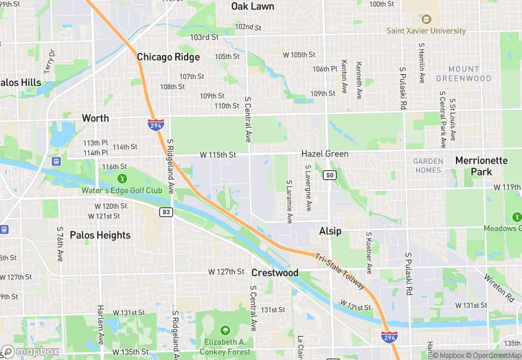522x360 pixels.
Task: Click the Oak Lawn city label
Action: [252, 6]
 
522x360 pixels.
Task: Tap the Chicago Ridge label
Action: [168, 57]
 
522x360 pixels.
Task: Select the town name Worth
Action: [95, 118]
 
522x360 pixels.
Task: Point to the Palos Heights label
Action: [100, 235]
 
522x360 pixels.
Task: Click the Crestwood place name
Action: [275, 273]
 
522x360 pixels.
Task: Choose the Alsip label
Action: [330, 232]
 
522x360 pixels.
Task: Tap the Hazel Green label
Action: [325, 155]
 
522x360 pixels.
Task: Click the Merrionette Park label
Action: [481, 166]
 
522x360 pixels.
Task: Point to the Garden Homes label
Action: [428, 166]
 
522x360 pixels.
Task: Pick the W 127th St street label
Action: [227, 272]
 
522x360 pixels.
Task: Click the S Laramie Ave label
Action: [289, 201]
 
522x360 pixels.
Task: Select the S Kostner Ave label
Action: [369, 253]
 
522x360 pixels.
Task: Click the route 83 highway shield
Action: [166, 212]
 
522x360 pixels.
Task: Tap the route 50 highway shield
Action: [330, 175]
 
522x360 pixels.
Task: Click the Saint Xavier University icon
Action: [426, 19]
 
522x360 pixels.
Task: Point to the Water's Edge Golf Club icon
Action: [123, 179]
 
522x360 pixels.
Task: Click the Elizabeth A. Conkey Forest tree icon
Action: [224, 330]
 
